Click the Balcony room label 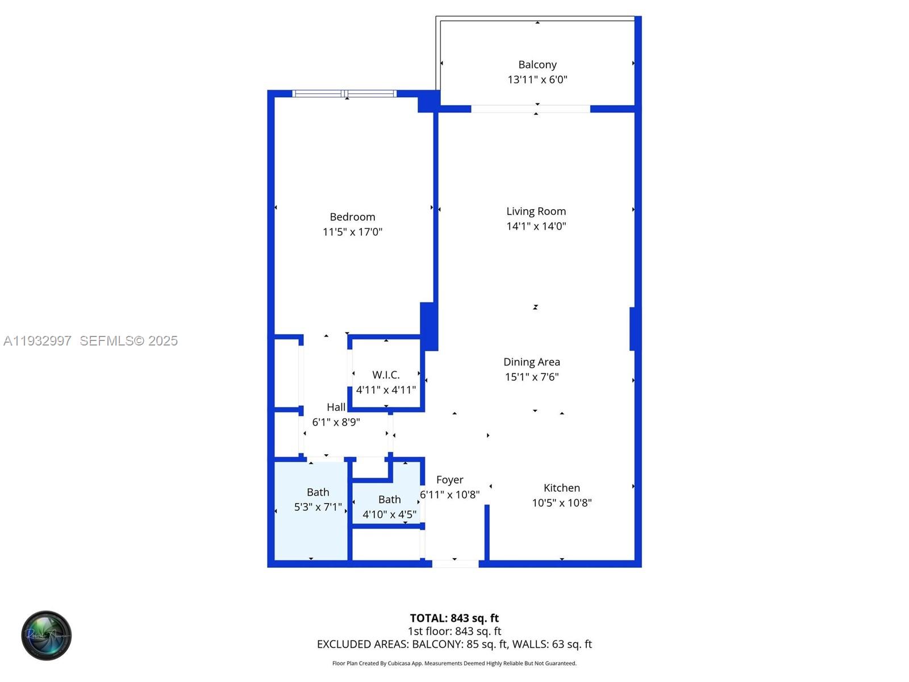click(537, 65)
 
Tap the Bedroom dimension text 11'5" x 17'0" click(352, 232)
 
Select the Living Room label click(536, 211)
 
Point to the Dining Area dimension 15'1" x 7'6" click(532, 377)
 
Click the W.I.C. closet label click(386, 375)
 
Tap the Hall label click(336, 407)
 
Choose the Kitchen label click(561, 488)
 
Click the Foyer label click(449, 480)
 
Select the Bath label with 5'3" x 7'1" click(318, 492)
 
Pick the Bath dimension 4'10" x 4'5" click(389, 514)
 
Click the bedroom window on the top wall click(344, 94)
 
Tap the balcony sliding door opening click(530, 109)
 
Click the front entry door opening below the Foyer click(455, 564)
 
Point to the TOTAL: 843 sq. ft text click(454, 618)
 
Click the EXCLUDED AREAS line click(454, 644)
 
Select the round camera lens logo click(47, 635)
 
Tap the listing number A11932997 click(37, 341)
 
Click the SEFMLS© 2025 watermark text click(128, 341)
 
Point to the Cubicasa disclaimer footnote click(454, 663)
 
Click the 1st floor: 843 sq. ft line click(454, 631)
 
